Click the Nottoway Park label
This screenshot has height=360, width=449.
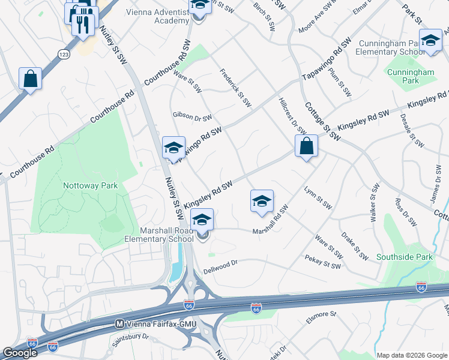click(90, 185)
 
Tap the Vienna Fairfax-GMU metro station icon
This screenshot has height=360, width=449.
click(119, 323)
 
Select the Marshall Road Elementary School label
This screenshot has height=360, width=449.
click(159, 234)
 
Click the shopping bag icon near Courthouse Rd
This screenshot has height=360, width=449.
click(30, 79)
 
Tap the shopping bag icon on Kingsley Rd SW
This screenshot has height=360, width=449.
click(306, 146)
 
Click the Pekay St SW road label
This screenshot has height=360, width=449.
click(323, 262)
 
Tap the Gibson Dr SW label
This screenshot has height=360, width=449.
click(192, 116)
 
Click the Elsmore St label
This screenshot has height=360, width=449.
click(322, 317)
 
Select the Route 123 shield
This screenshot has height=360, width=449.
click(64, 54)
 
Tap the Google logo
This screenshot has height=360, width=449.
click(19, 353)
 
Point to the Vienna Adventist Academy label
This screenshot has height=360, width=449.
click(158, 16)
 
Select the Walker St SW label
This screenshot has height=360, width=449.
click(375, 204)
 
